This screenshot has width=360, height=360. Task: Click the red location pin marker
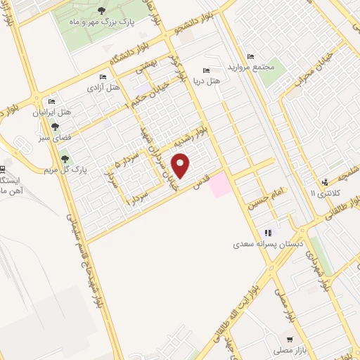(x=181, y=165)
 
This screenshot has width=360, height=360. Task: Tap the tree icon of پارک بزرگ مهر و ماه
(x=102, y=10)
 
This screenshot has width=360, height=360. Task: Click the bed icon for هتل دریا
(x=205, y=70)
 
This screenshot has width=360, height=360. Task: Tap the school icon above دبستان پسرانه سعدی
(x=268, y=233)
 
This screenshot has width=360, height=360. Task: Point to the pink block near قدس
(x=220, y=184)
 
